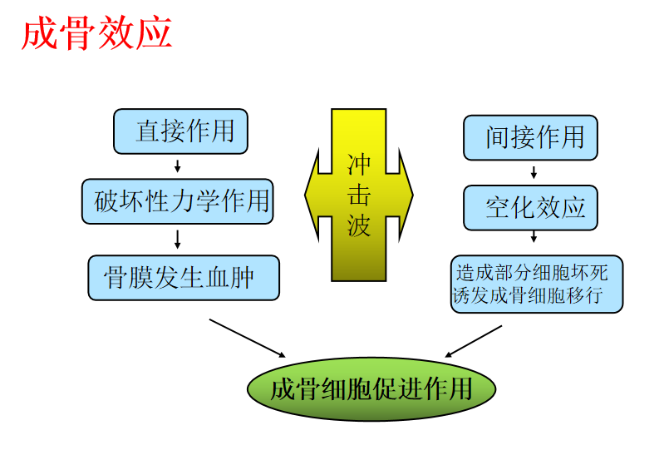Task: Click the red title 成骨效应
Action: pyautogui.click(x=97, y=34)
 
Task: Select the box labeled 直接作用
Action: pyautogui.click(x=180, y=131)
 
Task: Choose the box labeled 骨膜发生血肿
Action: pyautogui.click(x=184, y=277)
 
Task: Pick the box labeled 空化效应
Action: pyautogui.click(x=530, y=208)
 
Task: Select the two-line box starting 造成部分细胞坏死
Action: pyautogui.click(x=536, y=284)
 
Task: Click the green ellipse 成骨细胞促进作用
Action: pyautogui.click(x=371, y=388)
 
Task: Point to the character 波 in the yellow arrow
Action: pyautogui.click(x=359, y=225)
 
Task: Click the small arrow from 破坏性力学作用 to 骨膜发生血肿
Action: pyautogui.click(x=178, y=240)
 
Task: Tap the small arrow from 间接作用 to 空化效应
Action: pyautogui.click(x=533, y=173)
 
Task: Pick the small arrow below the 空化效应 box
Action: pyautogui.click(x=533, y=243)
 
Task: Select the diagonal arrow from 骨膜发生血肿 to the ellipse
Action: pyautogui.click(x=247, y=338)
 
